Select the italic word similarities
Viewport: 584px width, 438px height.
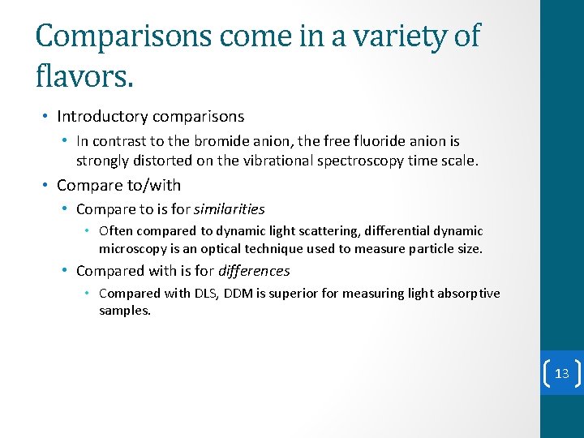coord(230,209)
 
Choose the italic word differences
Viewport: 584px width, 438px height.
coord(254,271)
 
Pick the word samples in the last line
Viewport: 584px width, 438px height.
coord(125,311)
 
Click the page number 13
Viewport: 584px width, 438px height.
coord(561,373)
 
